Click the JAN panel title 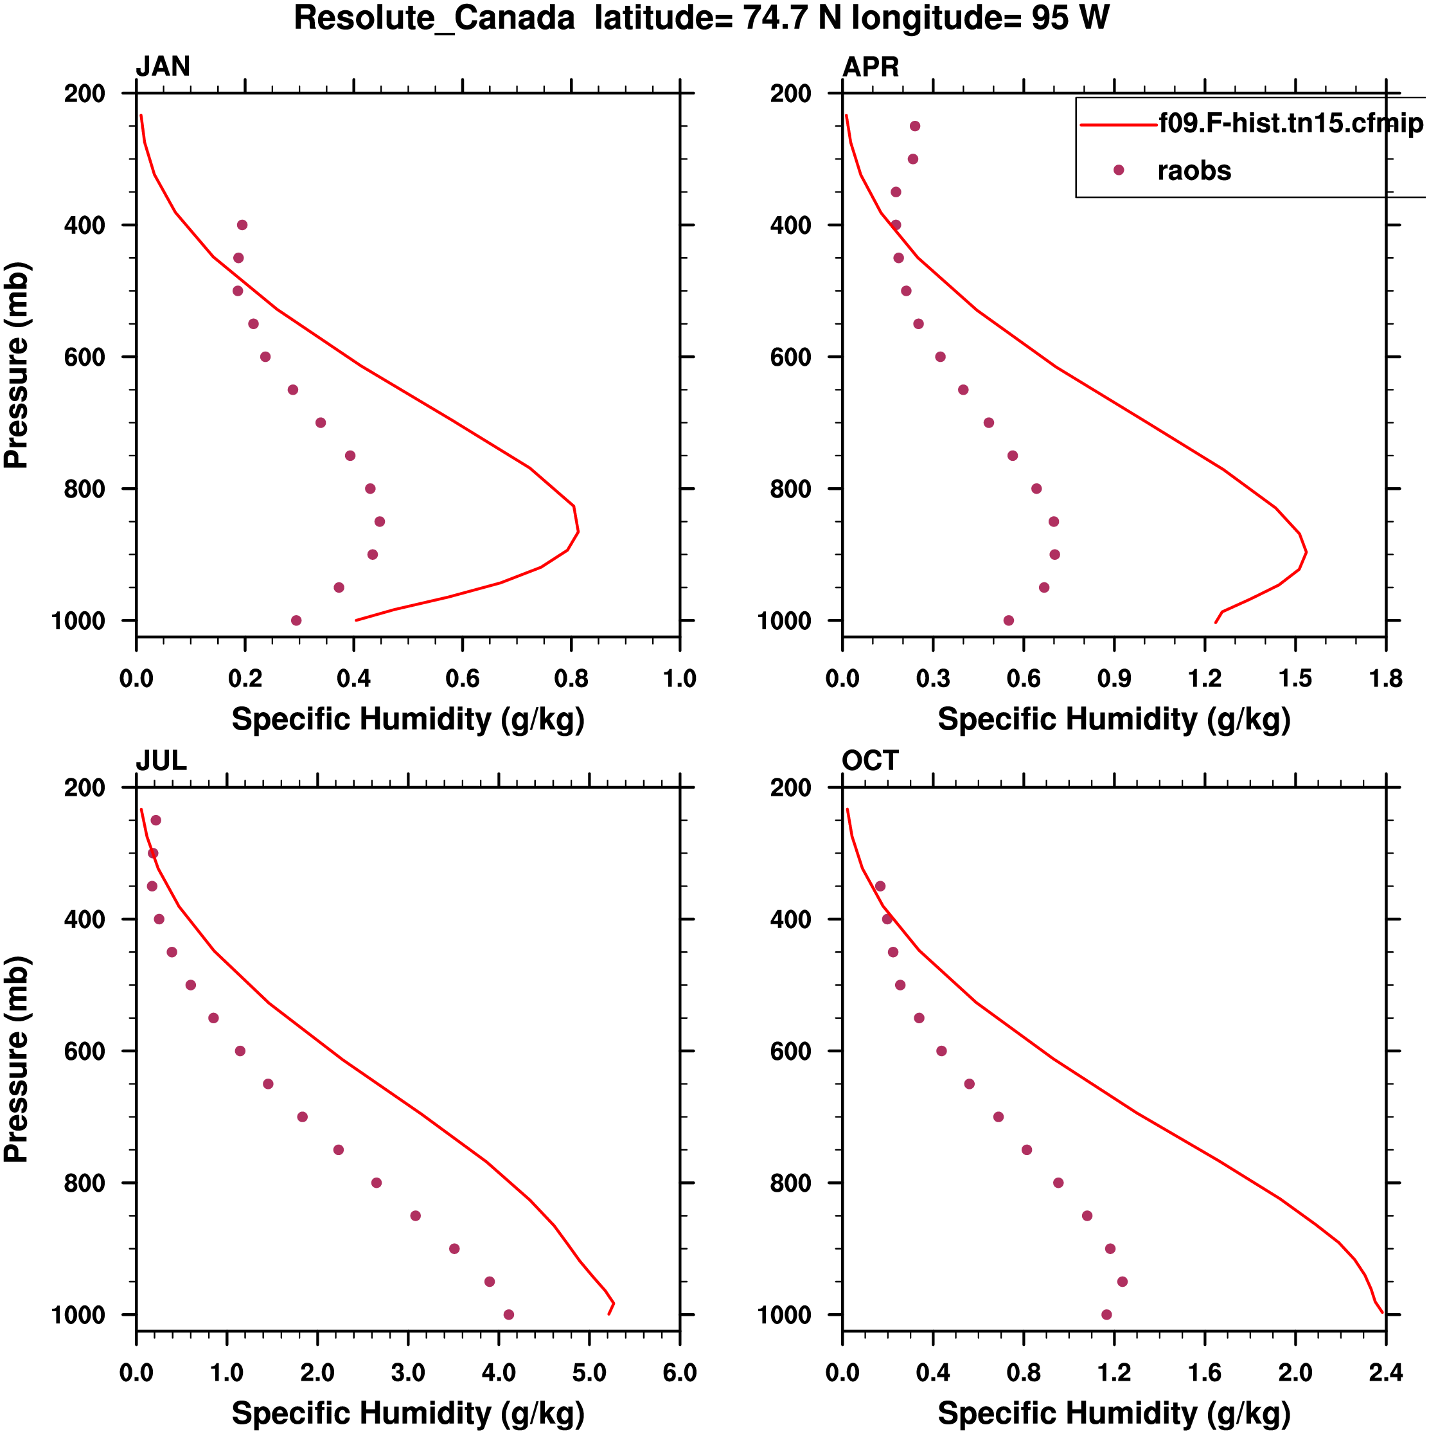(x=163, y=67)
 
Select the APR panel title (x=870, y=67)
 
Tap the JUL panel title (x=161, y=761)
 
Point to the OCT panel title (x=869, y=761)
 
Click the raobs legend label (x=1193, y=171)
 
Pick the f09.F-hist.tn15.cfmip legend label (x=1291, y=123)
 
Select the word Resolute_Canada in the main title (x=434, y=18)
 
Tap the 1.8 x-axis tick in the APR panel (x=1385, y=678)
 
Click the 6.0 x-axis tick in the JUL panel (x=680, y=1372)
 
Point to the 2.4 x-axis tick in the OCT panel (x=1385, y=1372)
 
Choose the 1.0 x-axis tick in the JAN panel (x=680, y=678)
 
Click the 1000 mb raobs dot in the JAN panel (x=296, y=620)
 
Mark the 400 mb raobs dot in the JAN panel (x=242, y=225)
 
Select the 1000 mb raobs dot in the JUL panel (x=508, y=1314)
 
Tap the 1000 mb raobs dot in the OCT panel (x=1106, y=1314)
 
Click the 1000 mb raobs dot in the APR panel (x=1008, y=620)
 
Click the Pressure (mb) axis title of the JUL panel (x=16, y=1059)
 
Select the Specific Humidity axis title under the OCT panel (x=1114, y=1413)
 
